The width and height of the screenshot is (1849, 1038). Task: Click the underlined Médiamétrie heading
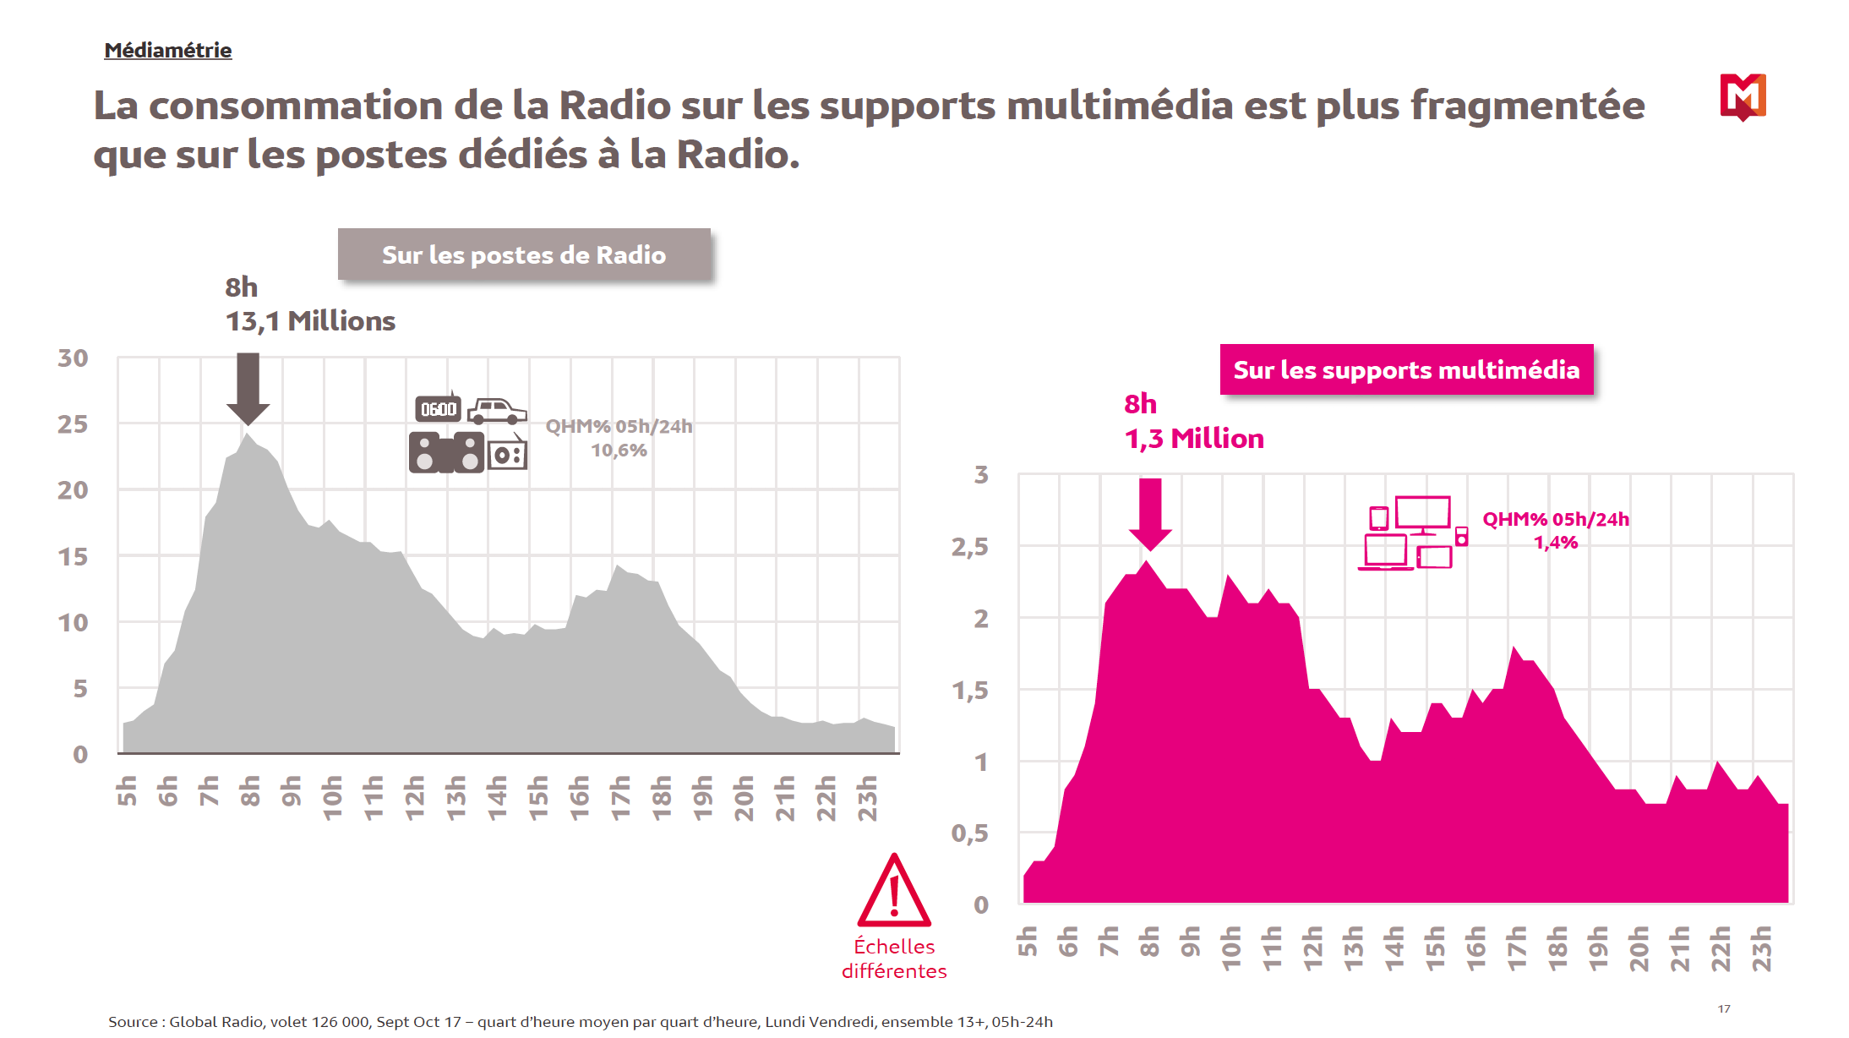point(167,51)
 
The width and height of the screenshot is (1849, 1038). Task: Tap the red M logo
point(1743,96)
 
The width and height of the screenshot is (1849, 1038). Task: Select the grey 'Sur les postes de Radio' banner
point(524,254)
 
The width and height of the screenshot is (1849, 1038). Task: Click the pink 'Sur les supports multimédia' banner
point(1406,369)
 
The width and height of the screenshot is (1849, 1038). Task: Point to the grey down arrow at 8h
point(248,389)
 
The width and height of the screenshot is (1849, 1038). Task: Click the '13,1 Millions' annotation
point(310,321)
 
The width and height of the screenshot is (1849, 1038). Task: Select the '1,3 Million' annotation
point(1194,439)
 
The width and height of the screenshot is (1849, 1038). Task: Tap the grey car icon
point(497,411)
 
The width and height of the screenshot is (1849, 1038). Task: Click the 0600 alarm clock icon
point(439,409)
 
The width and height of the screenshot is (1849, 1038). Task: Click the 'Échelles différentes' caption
point(894,959)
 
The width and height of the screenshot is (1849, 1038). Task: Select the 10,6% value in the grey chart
point(619,451)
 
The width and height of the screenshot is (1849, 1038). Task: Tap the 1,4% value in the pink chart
point(1556,543)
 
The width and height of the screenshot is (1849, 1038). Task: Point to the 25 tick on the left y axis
point(73,424)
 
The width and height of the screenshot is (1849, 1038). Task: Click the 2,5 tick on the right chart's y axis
point(969,547)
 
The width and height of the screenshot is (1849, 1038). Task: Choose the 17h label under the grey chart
point(620,797)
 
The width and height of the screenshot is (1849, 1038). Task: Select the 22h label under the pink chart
point(1721,948)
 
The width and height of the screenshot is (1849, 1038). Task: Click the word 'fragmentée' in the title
point(1527,106)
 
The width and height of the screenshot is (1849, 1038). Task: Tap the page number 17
point(1724,1008)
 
